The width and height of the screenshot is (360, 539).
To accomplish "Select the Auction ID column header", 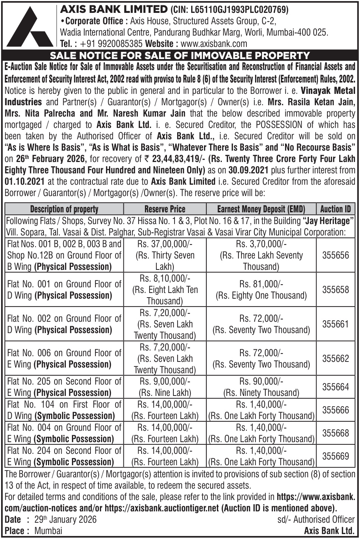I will (x=335, y=209).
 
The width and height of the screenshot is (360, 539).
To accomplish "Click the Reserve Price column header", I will (x=165, y=209).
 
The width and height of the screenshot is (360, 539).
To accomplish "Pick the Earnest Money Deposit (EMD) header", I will (x=261, y=209).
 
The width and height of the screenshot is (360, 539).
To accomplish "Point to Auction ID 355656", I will (x=335, y=255).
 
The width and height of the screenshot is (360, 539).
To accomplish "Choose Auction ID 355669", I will (x=335, y=456).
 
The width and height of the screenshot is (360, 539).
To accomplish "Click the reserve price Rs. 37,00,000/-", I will (x=165, y=244).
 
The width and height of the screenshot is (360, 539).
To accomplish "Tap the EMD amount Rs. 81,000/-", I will (x=261, y=284).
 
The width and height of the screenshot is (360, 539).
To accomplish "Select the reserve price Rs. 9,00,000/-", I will (x=165, y=381).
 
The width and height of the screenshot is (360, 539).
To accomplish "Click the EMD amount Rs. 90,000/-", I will (x=261, y=381).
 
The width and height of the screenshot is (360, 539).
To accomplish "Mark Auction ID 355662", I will (x=335, y=358).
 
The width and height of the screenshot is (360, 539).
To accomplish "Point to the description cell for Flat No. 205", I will (x=64, y=387).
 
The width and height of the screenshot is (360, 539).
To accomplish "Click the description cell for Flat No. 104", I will (x=64, y=410).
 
